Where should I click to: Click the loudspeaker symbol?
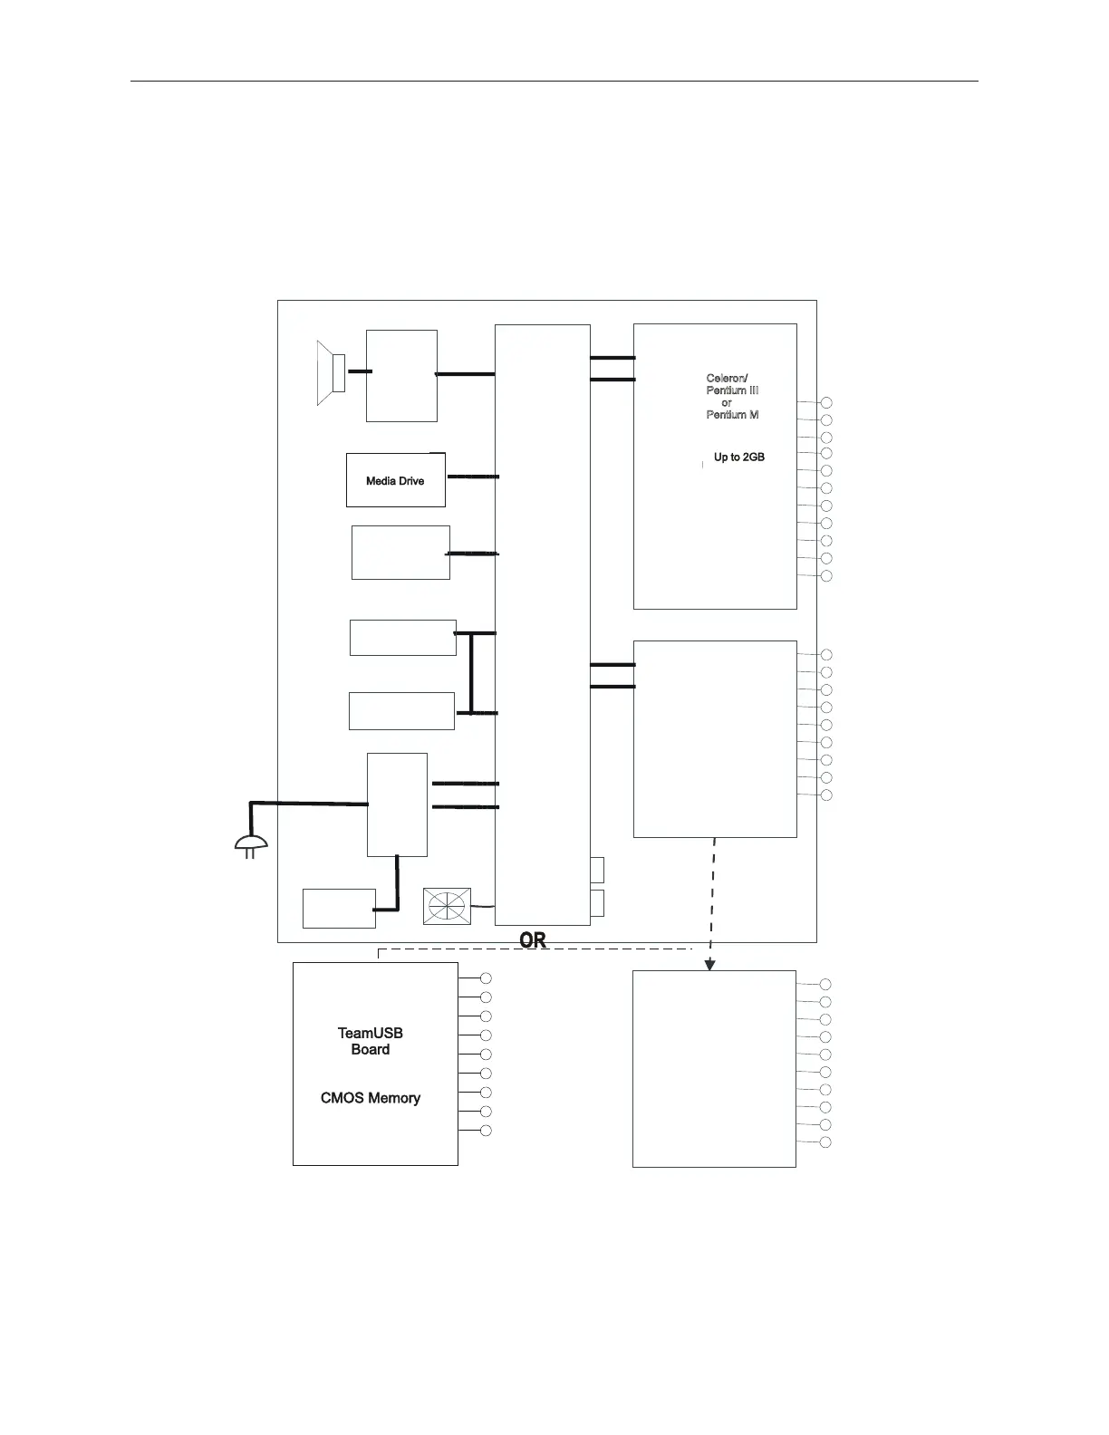pyautogui.click(x=331, y=373)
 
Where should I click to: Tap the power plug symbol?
pyautogui.click(x=251, y=847)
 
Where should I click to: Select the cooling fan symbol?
pyautogui.click(x=448, y=906)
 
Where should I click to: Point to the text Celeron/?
pyautogui.click(x=727, y=379)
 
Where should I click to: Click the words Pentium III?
pyautogui.click(x=732, y=390)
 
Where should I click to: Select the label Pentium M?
pyautogui.click(x=732, y=415)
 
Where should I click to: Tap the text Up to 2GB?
pyautogui.click(x=739, y=457)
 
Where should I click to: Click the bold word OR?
pyautogui.click(x=533, y=940)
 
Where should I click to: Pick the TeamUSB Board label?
pyautogui.click(x=370, y=1041)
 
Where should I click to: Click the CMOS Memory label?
pyautogui.click(x=371, y=1098)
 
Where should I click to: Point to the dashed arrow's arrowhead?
pyautogui.click(x=710, y=965)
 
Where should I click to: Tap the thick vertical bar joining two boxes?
pyautogui.click(x=471, y=673)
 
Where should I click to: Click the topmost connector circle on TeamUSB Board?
pyautogui.click(x=486, y=978)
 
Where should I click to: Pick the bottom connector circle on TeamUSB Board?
pyautogui.click(x=486, y=1131)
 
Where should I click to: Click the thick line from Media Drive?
pyautogui.click(x=473, y=477)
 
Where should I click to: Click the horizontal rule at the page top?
pyautogui.click(x=554, y=82)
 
